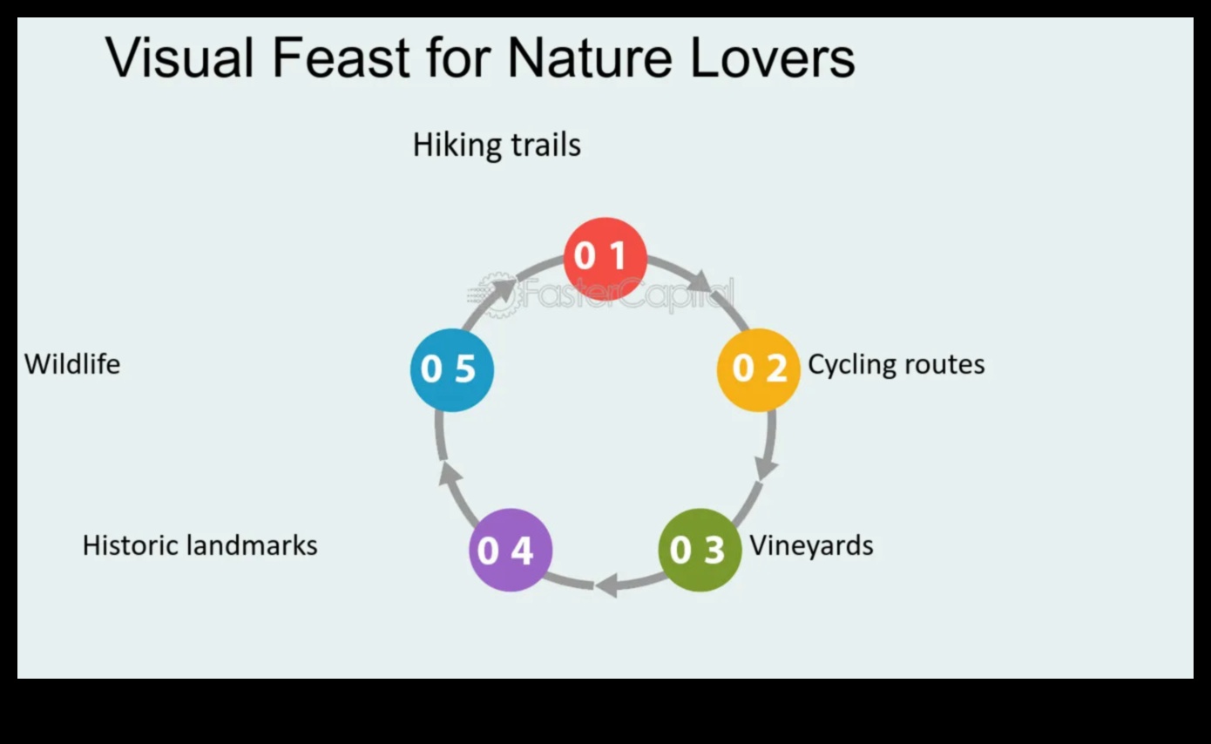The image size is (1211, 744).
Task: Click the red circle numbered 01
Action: [x=605, y=257]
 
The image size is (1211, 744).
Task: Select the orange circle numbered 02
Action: [x=758, y=369]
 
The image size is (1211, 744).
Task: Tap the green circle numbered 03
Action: [x=699, y=550]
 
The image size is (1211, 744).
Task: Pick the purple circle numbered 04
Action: [x=511, y=550]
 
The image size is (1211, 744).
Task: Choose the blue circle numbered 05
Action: [x=451, y=369]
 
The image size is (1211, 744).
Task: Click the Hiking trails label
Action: [x=497, y=145]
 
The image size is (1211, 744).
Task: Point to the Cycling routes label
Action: [x=896, y=364]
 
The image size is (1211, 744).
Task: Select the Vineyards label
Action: [x=811, y=545]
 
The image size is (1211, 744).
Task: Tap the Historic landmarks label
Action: [x=200, y=545]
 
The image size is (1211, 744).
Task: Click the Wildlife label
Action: [x=72, y=364]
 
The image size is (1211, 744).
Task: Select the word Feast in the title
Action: [x=341, y=58]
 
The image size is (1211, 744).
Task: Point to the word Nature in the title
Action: [x=589, y=58]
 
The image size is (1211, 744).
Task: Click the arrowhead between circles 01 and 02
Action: [x=700, y=281]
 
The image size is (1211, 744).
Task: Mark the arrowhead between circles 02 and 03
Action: [x=766, y=468]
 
